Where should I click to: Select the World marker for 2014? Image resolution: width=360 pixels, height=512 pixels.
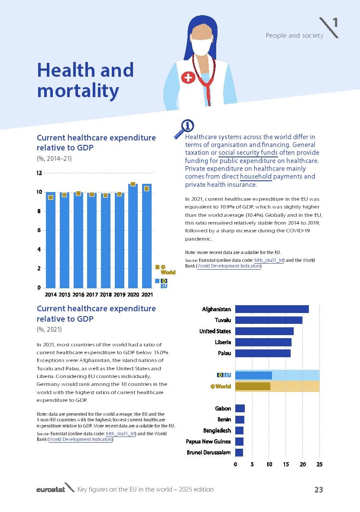click(51, 197)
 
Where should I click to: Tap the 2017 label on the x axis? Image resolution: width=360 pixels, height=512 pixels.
click(92, 295)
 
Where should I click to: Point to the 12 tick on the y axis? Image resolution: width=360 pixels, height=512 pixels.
click(39, 173)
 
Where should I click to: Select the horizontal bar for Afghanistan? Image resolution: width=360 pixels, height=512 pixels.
click(272, 309)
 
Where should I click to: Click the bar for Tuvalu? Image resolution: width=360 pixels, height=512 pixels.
click(269, 320)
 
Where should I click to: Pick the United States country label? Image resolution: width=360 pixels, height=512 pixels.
click(215, 332)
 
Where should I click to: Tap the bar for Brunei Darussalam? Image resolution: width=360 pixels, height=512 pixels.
click(239, 453)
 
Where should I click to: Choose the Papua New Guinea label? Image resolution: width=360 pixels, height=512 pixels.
click(208, 442)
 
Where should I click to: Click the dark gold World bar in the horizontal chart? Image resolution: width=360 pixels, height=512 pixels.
click(253, 386)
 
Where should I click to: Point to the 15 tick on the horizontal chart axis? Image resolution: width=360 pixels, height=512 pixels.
click(286, 464)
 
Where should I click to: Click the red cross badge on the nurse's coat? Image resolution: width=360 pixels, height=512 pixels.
click(188, 78)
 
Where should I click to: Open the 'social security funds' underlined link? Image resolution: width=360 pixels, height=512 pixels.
click(247, 153)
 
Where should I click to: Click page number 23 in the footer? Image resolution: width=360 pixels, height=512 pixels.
click(318, 489)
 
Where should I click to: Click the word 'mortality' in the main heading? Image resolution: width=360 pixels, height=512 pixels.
click(78, 91)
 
